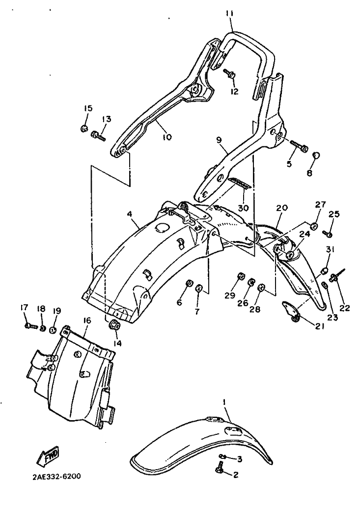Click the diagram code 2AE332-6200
pos(57,477)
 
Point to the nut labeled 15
pos(84,129)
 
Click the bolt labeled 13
pos(99,135)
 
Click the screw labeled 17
pos(31,326)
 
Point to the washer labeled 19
pos(54,330)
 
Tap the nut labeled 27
pos(313,226)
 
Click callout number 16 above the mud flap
pos(87,321)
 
